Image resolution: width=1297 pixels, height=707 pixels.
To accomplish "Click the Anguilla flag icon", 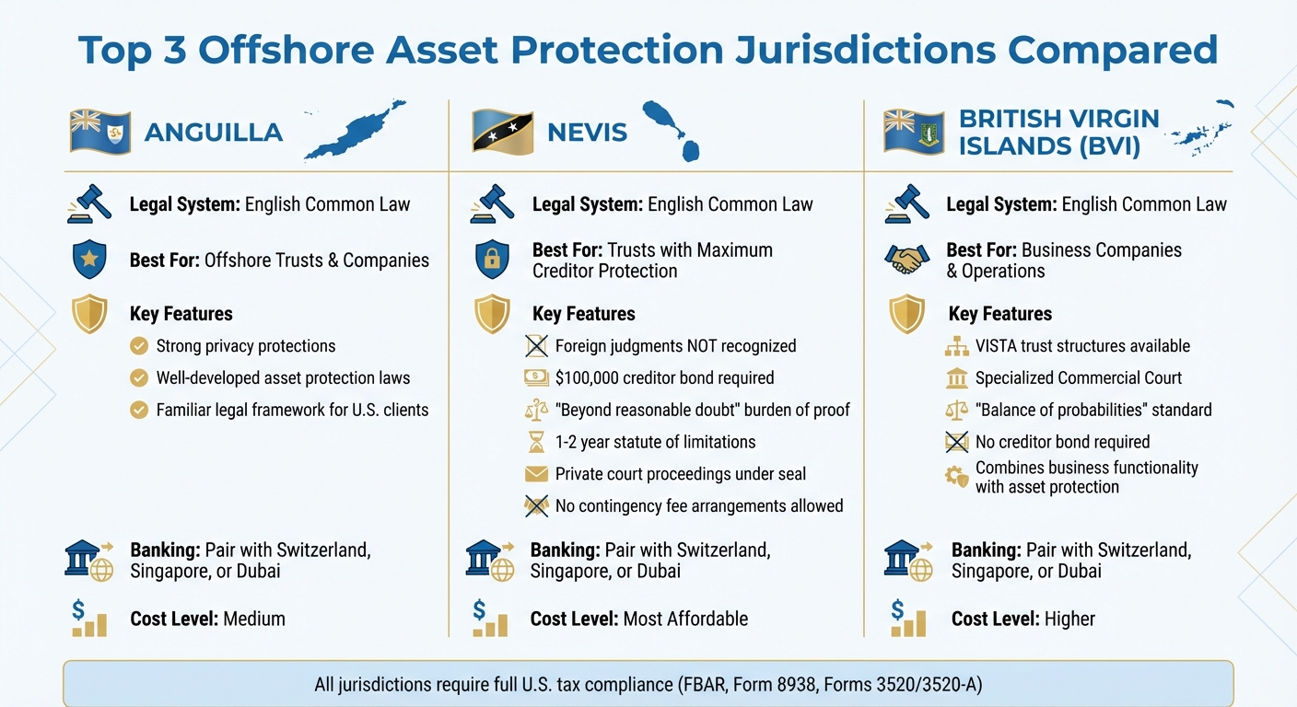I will click(100, 132).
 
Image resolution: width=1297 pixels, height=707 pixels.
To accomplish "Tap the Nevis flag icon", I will click(503, 132).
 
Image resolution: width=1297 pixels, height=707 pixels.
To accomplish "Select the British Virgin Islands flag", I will click(914, 132).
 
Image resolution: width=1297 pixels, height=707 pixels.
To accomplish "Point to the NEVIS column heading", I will click(587, 132).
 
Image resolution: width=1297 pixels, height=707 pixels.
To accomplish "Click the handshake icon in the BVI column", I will click(906, 261).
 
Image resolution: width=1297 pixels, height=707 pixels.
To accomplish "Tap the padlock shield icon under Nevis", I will click(492, 260).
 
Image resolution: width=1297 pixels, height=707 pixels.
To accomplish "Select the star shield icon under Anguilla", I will click(89, 260).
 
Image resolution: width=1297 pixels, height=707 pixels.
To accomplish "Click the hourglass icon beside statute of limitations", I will click(535, 443).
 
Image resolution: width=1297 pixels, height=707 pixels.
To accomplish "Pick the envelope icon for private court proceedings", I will click(535, 474).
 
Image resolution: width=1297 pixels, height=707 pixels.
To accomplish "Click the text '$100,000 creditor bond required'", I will click(664, 377).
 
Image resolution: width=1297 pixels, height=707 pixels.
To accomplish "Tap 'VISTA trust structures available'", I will click(1082, 346).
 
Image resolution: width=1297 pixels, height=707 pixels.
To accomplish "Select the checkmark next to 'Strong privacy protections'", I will click(139, 346).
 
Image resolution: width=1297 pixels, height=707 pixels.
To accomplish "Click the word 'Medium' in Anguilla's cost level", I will click(254, 619).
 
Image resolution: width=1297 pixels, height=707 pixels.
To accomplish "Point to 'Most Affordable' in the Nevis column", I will click(685, 619).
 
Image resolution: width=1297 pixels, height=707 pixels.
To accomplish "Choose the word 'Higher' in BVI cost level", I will click(1069, 619).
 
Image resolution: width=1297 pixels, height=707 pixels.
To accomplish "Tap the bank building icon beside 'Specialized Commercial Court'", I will click(957, 378).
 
